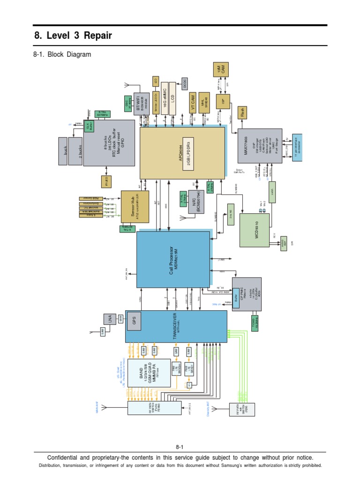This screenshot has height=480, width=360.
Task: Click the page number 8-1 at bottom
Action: point(180,447)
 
